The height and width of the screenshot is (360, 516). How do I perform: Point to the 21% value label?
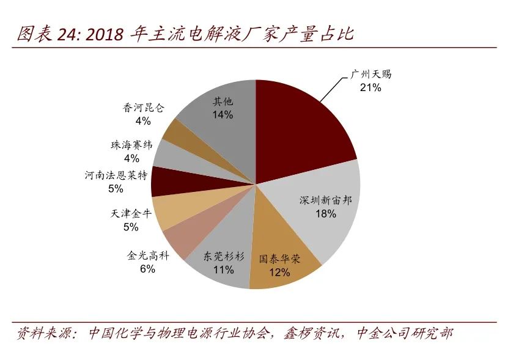[x=370, y=87]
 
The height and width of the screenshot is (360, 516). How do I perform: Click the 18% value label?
[x=325, y=213]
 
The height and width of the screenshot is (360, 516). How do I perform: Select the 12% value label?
[x=279, y=272]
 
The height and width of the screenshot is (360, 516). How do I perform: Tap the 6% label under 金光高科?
[x=147, y=269]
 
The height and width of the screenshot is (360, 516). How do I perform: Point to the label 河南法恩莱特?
[x=116, y=176]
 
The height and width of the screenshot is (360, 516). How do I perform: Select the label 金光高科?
[x=148, y=255]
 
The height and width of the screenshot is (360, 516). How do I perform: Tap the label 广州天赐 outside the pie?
[x=370, y=75]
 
